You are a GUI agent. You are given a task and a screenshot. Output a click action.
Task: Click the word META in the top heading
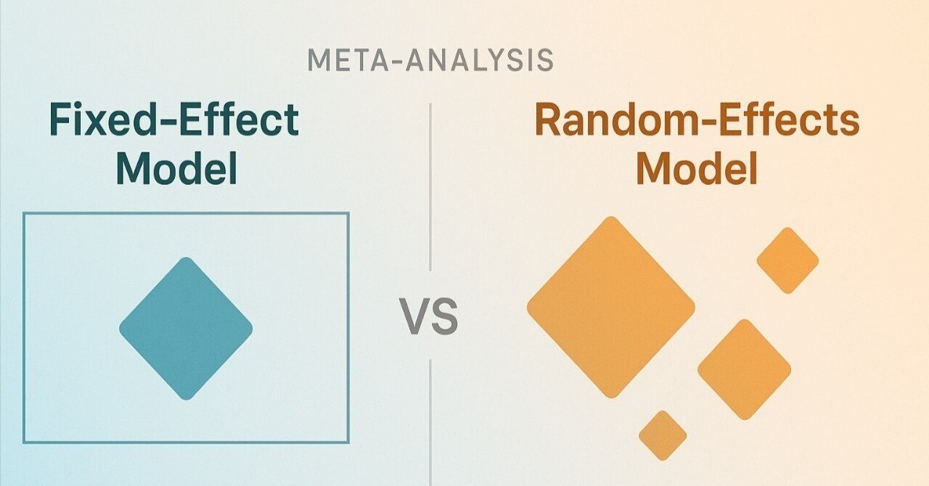click(x=348, y=60)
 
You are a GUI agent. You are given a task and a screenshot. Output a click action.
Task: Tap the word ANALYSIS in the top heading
click(x=480, y=60)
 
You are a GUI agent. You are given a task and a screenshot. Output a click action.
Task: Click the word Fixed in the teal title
click(x=98, y=120)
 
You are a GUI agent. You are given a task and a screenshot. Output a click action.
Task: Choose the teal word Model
click(x=176, y=168)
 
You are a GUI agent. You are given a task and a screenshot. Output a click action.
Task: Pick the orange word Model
click(x=697, y=168)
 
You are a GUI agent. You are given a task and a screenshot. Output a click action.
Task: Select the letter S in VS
click(x=444, y=316)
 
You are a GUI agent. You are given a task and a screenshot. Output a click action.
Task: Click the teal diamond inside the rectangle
click(x=186, y=329)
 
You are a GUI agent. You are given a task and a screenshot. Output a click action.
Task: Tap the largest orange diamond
click(x=611, y=308)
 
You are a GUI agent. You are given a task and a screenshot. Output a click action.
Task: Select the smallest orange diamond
click(x=663, y=435)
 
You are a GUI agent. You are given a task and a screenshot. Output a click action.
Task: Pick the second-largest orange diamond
click(x=745, y=369)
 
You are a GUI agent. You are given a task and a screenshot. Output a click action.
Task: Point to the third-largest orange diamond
click(x=787, y=260)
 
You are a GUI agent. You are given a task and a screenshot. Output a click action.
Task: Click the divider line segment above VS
click(x=430, y=187)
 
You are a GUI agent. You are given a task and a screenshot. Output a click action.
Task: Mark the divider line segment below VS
click(x=430, y=423)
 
